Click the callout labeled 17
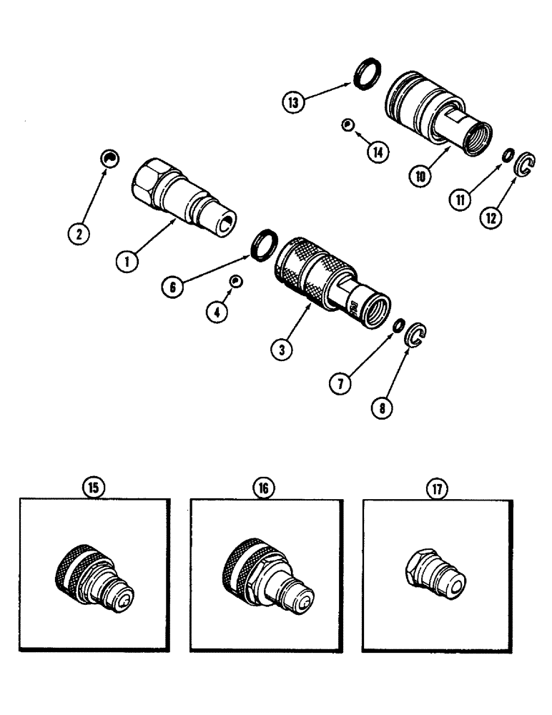click(436, 488)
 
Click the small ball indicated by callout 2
click(109, 159)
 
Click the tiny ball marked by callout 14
click(347, 125)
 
